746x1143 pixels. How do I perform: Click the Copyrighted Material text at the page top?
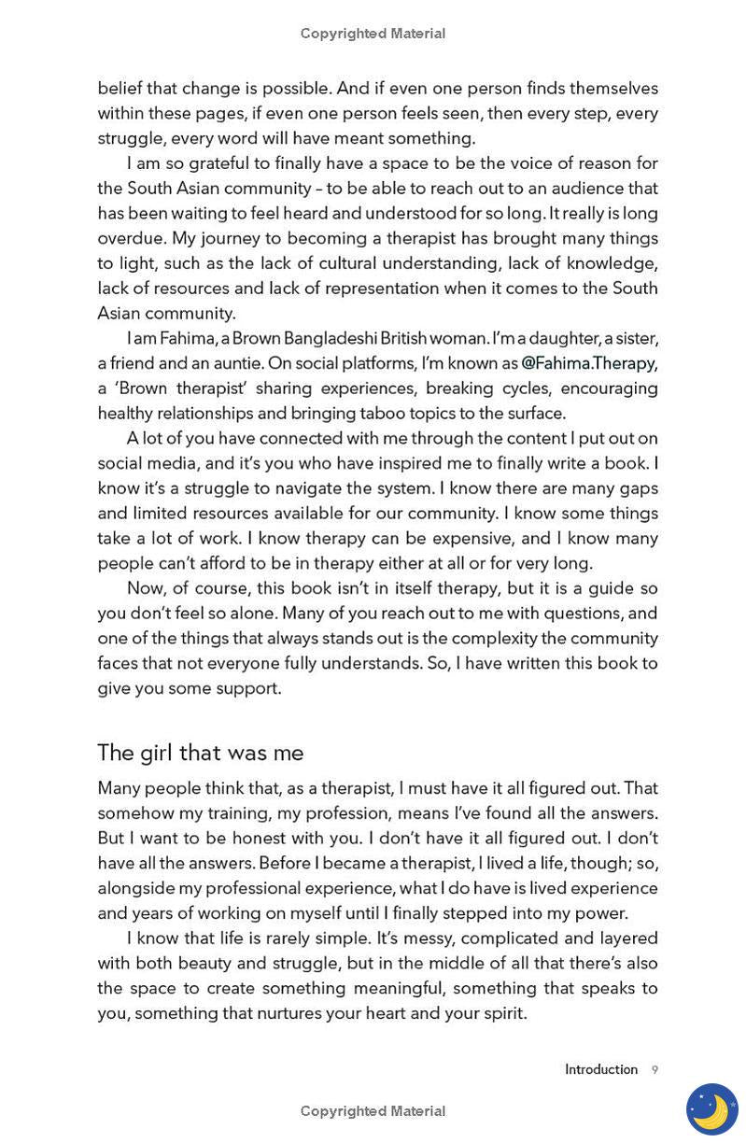[373, 34]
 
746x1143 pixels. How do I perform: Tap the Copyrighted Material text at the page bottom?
[373, 1111]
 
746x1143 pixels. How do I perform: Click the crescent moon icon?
[711, 1109]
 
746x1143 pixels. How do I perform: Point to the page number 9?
[655, 1070]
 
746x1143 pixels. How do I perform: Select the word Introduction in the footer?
[600, 1070]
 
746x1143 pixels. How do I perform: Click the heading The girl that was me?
[200, 753]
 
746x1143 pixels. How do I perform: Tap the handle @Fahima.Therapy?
[588, 363]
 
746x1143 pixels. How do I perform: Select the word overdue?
[131, 238]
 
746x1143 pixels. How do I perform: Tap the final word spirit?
[503, 1013]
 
